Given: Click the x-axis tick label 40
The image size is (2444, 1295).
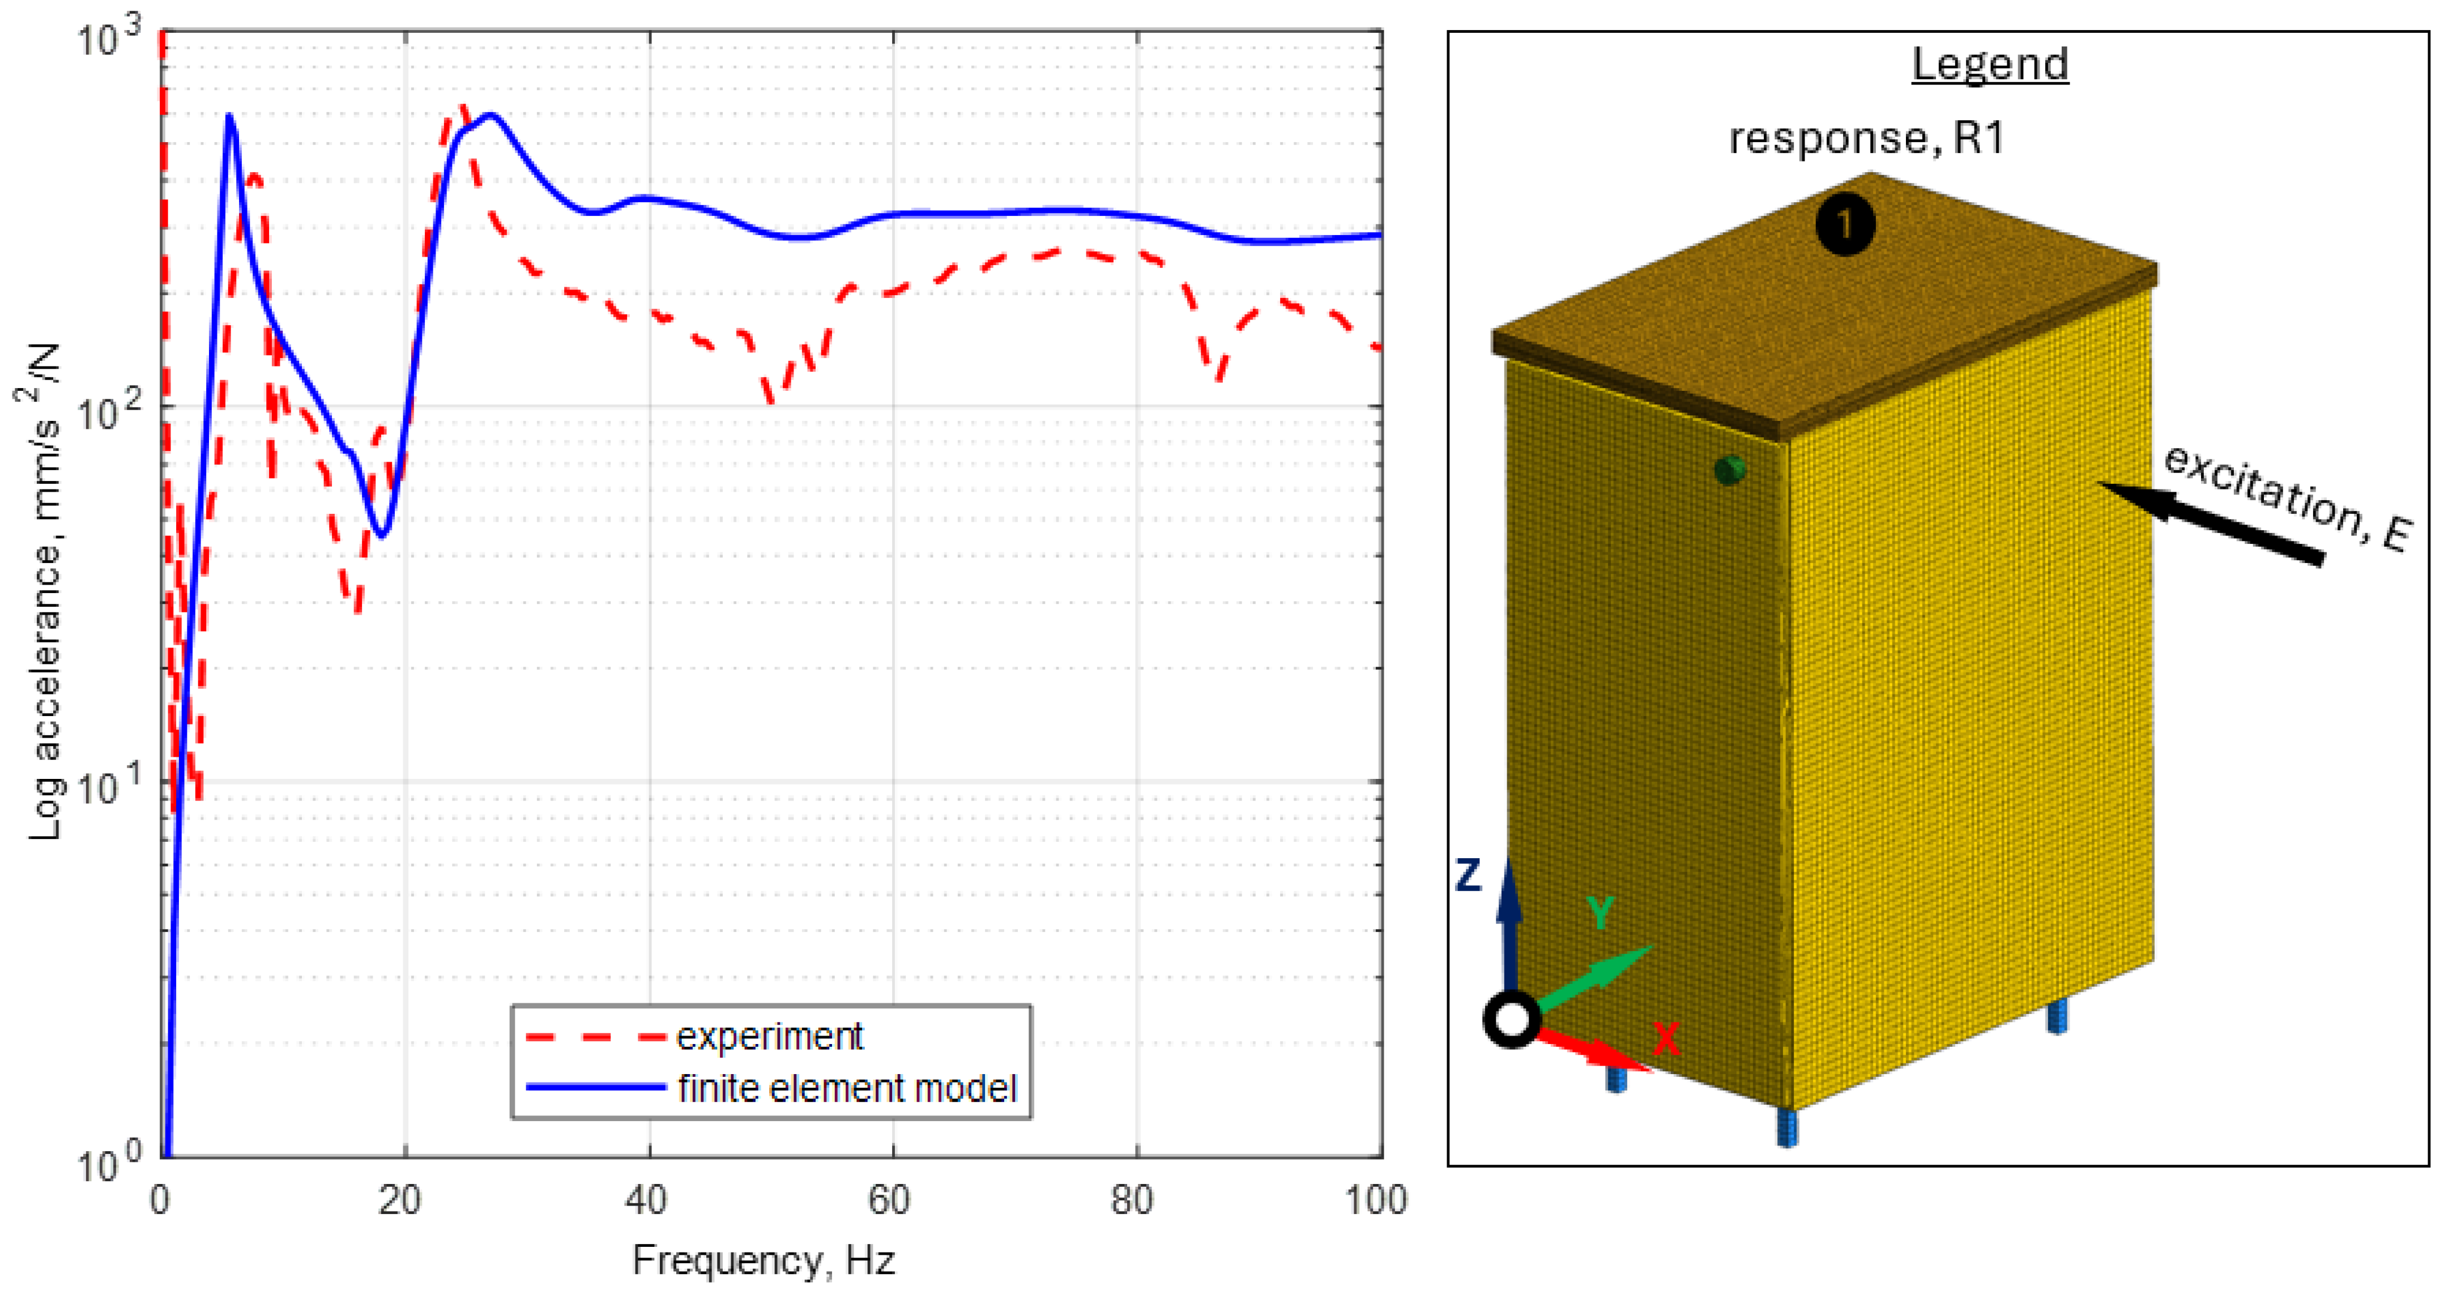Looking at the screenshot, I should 646,1201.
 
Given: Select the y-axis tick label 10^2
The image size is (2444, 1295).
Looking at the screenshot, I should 106,413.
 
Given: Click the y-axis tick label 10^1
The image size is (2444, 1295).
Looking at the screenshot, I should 106,787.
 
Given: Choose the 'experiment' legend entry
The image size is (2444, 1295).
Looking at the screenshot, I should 769,1037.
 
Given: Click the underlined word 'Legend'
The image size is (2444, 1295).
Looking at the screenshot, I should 1990,65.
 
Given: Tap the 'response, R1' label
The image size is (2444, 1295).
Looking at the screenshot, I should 1866,139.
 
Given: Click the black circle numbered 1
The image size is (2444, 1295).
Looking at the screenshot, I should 1844,225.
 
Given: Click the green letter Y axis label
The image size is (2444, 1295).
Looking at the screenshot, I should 1600,913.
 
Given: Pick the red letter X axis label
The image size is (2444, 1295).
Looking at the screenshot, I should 1666,1039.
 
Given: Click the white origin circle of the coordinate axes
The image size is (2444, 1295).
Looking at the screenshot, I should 1511,1020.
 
